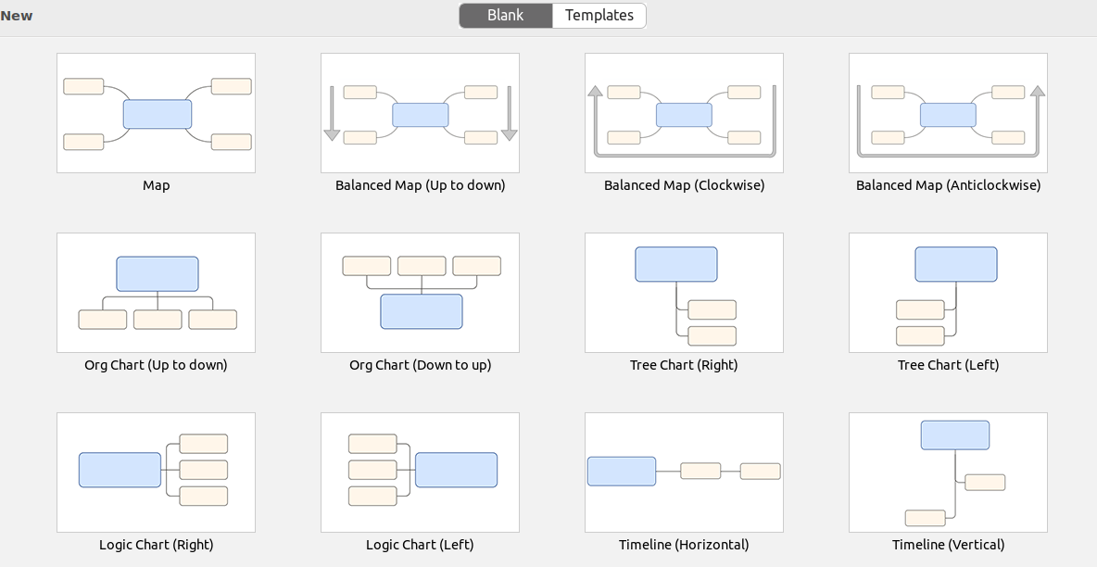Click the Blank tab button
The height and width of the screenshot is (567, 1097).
tap(505, 16)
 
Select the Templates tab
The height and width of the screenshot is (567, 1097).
tap(599, 16)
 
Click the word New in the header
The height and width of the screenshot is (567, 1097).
tap(16, 16)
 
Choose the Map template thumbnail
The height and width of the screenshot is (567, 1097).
tap(156, 113)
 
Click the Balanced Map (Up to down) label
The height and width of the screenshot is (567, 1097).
tap(420, 185)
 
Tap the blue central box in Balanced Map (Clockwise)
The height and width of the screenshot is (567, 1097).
tap(684, 115)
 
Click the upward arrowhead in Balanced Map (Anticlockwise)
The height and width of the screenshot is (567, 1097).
tap(1038, 91)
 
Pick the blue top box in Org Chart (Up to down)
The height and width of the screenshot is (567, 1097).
tap(158, 273)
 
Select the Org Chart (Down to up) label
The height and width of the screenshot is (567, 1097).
tap(420, 365)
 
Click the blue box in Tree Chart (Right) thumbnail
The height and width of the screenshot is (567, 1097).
tap(675, 265)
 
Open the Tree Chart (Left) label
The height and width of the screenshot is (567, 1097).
tap(948, 365)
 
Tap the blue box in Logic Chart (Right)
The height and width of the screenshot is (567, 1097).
tap(120, 470)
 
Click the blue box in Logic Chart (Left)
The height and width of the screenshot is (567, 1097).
tap(456, 470)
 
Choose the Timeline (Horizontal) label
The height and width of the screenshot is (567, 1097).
tap(684, 545)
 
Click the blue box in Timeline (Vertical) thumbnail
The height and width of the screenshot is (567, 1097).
tap(955, 435)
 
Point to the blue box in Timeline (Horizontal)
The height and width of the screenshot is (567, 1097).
tap(622, 471)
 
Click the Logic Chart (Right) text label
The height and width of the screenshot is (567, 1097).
tap(156, 545)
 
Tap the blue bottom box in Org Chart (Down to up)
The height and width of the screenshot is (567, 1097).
tap(422, 311)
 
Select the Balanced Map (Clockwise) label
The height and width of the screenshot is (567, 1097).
tap(684, 185)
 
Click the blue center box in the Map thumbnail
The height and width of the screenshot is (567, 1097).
tap(158, 114)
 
